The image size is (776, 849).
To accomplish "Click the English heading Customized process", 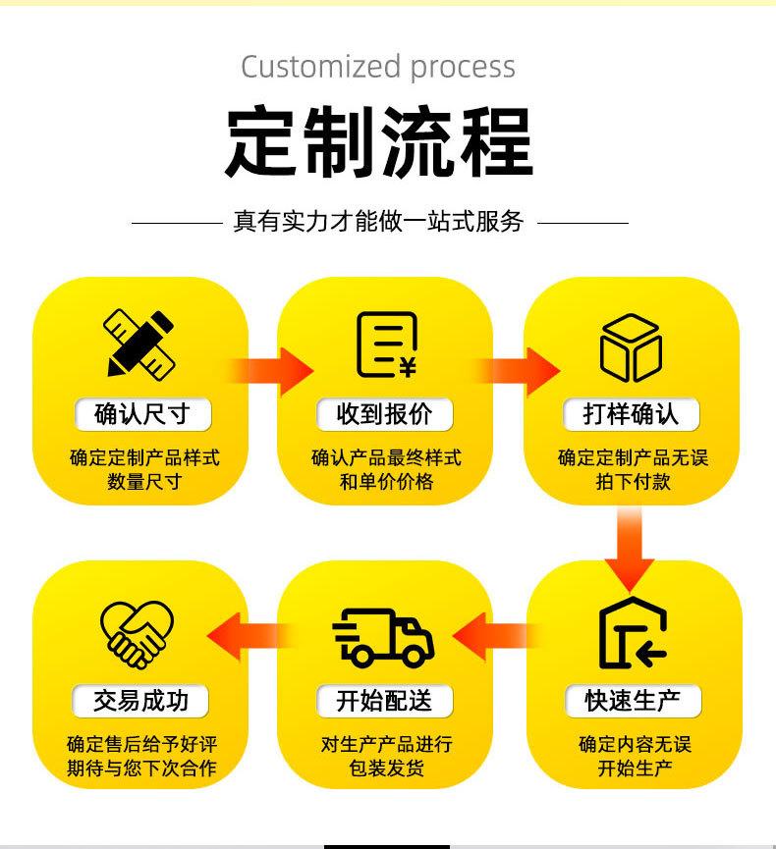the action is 378,67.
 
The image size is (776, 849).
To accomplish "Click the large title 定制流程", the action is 379,143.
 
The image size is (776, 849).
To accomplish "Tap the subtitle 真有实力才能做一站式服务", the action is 379,222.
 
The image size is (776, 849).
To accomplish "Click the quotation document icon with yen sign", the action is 385,345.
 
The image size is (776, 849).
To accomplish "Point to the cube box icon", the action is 631,347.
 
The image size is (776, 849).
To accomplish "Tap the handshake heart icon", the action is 139,633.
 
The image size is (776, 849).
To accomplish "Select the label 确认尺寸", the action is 140,414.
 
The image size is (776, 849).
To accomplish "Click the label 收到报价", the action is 384,414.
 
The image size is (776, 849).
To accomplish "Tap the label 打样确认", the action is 631,414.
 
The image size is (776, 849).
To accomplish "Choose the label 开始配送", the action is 384,701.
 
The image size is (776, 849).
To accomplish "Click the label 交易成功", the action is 140,701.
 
